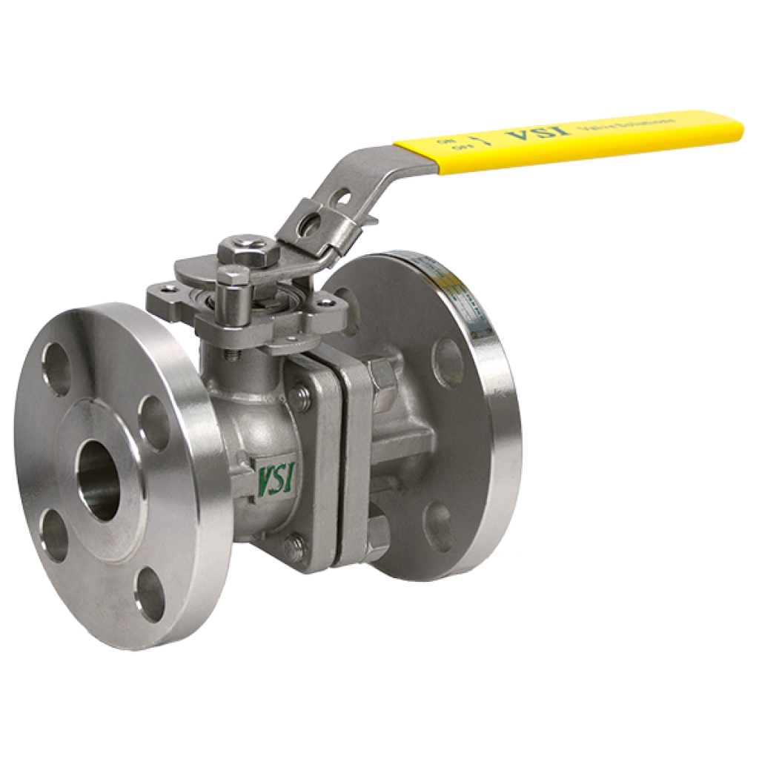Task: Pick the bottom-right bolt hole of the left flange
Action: (x=150, y=591)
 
